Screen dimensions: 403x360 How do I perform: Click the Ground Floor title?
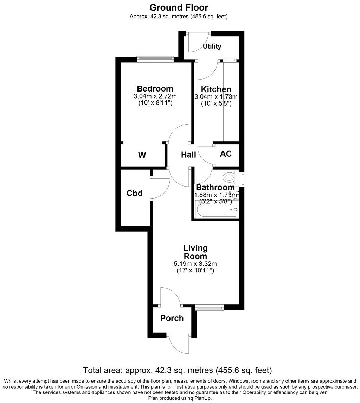pos(179,7)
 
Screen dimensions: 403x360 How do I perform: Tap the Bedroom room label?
pos(155,89)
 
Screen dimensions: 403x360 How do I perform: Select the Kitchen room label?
pos(216,89)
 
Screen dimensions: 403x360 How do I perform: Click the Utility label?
pos(212,46)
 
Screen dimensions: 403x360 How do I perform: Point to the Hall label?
pos(188,155)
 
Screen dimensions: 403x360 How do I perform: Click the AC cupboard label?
pos(226,154)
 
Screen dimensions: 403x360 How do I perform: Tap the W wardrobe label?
pos(142,155)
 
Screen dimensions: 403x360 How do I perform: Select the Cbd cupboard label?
pos(135,193)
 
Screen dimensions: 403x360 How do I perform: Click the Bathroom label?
pos(215,188)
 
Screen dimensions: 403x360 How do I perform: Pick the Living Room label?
pos(195,252)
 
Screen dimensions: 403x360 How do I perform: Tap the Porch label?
pos(172,318)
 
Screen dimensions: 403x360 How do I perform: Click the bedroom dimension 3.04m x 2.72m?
pos(155,96)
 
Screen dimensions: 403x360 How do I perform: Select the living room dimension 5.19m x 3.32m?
pos(195,264)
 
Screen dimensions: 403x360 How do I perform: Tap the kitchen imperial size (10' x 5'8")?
pos(216,103)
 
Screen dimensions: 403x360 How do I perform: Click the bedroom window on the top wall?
pos(155,59)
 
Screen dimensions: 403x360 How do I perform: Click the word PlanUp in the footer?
pos(202,398)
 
